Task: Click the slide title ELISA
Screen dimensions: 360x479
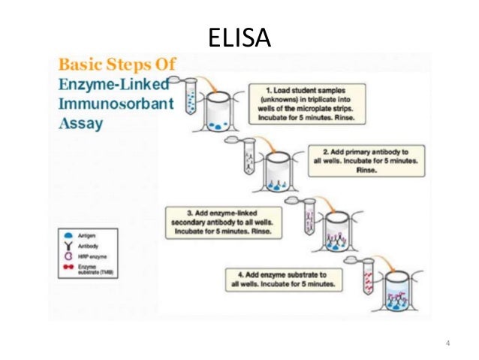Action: (x=239, y=35)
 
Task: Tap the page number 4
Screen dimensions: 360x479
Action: (x=447, y=344)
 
